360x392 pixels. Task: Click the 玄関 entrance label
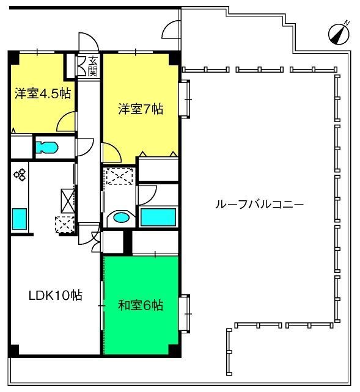[92, 67]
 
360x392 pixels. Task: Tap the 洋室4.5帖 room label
[43, 94]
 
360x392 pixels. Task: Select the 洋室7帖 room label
[141, 109]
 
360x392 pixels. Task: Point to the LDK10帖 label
[56, 296]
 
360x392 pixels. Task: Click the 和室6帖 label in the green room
[141, 305]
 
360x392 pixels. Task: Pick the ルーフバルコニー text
[259, 205]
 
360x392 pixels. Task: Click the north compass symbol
[339, 34]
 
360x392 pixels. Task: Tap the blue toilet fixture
[47, 148]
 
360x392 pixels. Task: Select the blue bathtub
[158, 217]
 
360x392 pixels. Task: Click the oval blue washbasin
[122, 217]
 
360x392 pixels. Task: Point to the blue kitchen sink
[20, 219]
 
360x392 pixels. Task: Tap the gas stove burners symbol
[20, 175]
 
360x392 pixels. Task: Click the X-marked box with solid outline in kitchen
[68, 201]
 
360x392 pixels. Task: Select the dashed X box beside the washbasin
[119, 176]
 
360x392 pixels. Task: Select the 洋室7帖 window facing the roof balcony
[185, 99]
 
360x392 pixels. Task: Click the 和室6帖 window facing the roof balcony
[185, 313]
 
